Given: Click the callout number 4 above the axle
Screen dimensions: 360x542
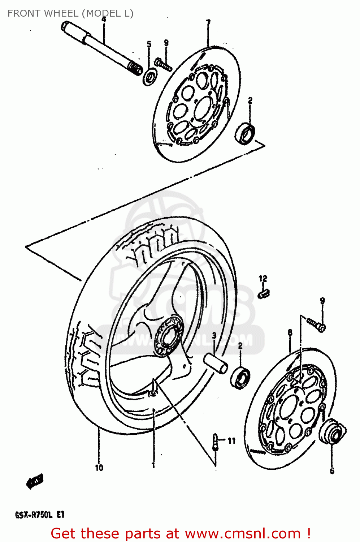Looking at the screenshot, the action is click(x=104, y=20).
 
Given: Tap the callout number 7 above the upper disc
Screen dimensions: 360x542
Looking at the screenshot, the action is click(x=208, y=23).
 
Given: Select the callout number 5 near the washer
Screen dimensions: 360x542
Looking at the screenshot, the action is click(x=149, y=44).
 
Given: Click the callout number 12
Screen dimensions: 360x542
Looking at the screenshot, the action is click(x=263, y=279).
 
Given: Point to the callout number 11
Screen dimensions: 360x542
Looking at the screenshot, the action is click(x=231, y=440).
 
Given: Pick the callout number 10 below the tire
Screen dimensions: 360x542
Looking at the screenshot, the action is click(x=99, y=468).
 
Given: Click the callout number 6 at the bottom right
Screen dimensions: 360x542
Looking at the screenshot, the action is click(x=332, y=470).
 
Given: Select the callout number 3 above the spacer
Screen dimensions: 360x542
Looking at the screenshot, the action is click(x=214, y=336).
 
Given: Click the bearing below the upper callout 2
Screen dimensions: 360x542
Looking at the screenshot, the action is click(x=245, y=133).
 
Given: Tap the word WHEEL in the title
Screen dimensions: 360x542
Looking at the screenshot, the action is click(x=61, y=13).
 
